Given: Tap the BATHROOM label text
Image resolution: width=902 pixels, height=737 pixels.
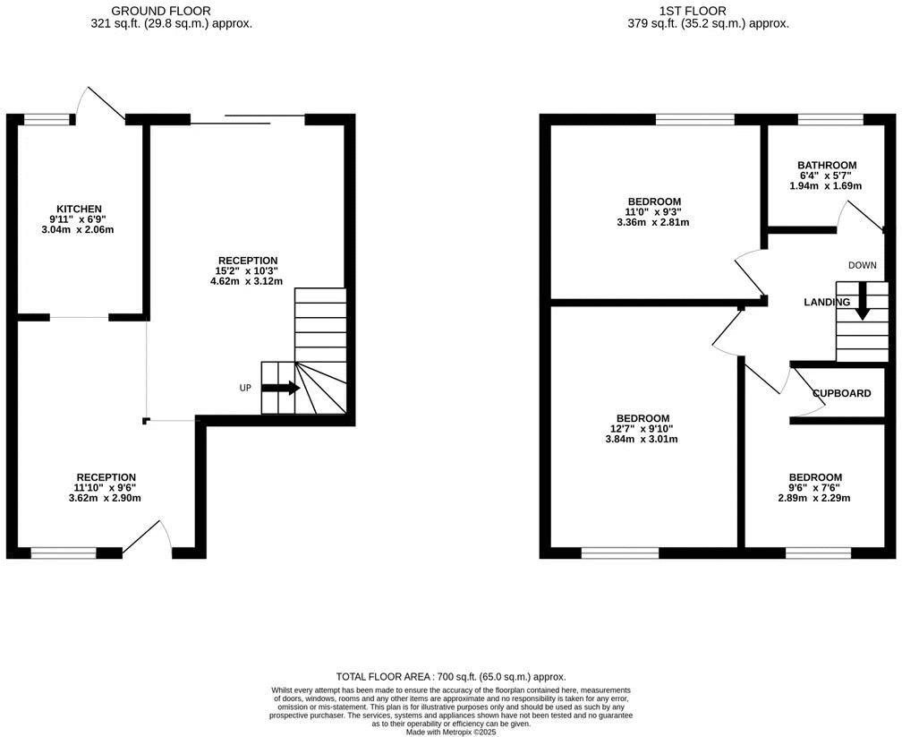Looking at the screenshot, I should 827,165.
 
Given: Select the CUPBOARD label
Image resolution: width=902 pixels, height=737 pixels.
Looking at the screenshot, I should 841,394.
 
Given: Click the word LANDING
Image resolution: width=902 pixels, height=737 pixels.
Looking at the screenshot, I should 826,303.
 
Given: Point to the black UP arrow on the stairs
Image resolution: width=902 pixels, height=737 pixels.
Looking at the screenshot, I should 280,388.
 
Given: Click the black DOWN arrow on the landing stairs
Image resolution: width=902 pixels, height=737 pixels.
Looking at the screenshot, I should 862,301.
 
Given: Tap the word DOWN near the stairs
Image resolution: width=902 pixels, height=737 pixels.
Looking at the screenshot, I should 862,265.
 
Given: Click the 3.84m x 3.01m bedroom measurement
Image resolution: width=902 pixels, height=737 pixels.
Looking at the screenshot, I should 642,439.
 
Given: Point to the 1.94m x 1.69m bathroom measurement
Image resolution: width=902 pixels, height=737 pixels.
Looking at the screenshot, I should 825,186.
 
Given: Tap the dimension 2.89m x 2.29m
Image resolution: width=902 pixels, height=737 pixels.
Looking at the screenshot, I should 814,498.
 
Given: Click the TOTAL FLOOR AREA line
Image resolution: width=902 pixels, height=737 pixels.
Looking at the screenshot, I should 451,677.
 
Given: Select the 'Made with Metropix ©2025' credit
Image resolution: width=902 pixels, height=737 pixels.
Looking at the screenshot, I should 451,733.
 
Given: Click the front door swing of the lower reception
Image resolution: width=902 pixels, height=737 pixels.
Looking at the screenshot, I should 148,538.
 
